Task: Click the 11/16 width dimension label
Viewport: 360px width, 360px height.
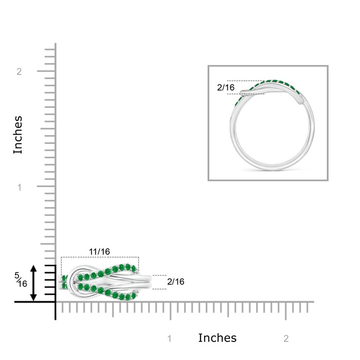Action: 99,251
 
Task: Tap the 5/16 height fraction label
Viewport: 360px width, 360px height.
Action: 21,280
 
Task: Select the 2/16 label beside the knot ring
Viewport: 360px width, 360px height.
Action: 176,282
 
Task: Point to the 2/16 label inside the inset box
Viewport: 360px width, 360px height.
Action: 226,87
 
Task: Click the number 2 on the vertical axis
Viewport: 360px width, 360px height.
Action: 19,71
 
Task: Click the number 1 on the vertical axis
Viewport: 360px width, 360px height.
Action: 20,187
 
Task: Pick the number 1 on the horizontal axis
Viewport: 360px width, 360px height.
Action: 170,338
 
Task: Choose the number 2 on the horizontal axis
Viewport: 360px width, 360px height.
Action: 286,338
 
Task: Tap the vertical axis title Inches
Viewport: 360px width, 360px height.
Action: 18,135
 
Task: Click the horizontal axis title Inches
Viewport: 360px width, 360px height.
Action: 217,338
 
